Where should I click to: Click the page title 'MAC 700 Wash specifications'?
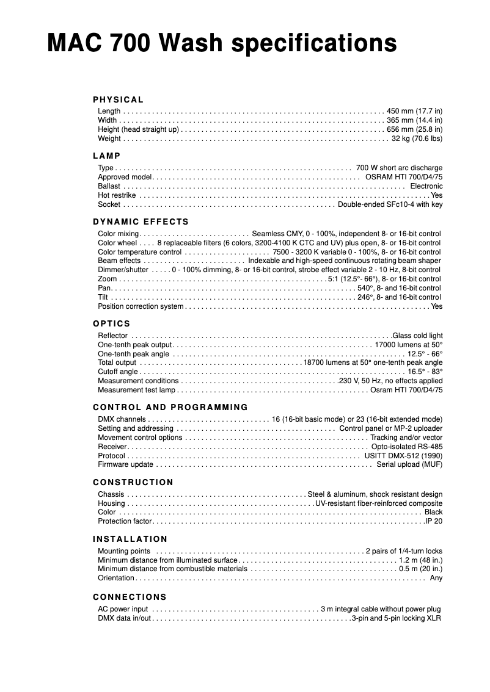222,44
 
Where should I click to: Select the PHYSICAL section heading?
119,99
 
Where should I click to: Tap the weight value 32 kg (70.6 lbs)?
417,139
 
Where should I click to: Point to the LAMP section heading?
107,156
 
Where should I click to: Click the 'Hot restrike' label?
117,195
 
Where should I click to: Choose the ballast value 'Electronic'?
426,186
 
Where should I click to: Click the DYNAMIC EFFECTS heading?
141,222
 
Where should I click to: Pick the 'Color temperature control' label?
139,252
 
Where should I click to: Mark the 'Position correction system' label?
141,306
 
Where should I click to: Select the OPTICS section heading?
112,323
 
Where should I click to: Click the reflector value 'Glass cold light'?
417,336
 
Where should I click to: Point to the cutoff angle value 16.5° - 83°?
425,372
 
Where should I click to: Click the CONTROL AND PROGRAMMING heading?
170,407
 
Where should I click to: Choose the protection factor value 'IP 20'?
434,521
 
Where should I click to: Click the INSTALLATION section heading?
130,539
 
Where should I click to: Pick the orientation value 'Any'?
436,578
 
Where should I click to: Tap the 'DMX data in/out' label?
124,618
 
